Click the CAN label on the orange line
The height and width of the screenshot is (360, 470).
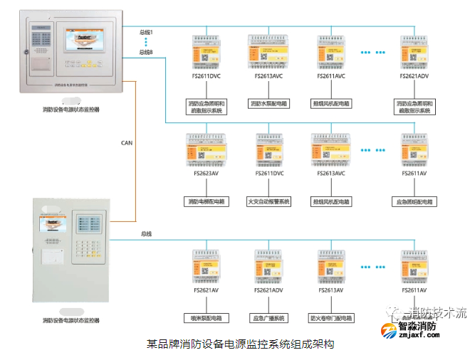point(127,143)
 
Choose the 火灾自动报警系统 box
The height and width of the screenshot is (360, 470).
point(268,201)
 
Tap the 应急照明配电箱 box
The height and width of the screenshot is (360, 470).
point(414,201)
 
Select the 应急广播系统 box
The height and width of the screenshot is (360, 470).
point(268,318)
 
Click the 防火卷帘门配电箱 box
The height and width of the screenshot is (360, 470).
point(331,318)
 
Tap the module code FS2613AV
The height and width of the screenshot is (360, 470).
point(331,290)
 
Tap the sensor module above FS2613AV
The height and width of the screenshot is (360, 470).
point(331,267)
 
